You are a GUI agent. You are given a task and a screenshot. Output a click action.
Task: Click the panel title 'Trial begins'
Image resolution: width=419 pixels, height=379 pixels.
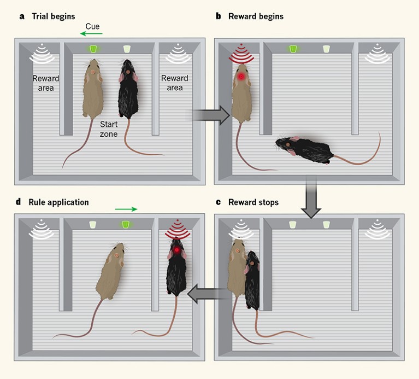click(x=54, y=16)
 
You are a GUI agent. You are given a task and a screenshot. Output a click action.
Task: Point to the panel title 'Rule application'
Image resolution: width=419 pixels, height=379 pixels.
click(x=58, y=202)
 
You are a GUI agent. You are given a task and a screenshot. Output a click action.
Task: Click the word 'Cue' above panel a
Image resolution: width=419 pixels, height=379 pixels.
click(x=92, y=26)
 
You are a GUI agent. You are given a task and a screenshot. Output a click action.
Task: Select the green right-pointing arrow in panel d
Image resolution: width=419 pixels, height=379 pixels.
click(x=126, y=208)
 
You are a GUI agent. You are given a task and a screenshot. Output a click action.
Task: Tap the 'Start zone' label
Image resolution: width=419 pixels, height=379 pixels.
click(x=108, y=129)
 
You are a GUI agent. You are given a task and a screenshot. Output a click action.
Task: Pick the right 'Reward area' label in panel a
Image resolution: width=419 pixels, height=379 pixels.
click(x=174, y=83)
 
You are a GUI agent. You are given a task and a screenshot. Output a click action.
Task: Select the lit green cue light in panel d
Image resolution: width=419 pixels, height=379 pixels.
click(x=126, y=225)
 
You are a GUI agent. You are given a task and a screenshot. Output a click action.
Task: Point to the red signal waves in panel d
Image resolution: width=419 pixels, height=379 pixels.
click(x=177, y=229)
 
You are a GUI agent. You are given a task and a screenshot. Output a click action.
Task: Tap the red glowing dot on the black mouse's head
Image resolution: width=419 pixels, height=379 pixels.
click(x=177, y=250)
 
